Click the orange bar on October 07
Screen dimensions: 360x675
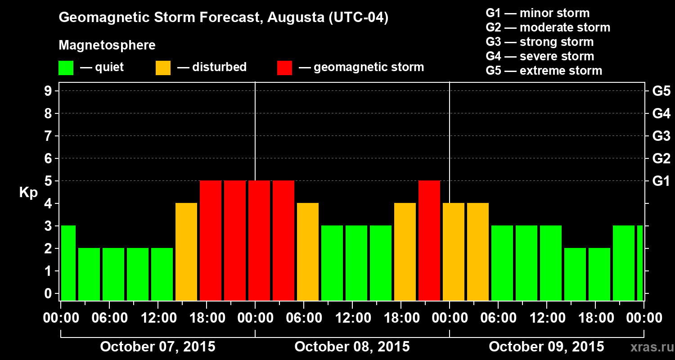[x=186, y=252]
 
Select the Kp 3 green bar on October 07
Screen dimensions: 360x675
[x=68, y=263]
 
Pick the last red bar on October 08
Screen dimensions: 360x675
[x=429, y=240]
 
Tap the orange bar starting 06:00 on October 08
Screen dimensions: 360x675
[x=308, y=252]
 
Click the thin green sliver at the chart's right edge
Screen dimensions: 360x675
[x=640, y=263]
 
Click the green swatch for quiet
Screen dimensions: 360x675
[x=66, y=68]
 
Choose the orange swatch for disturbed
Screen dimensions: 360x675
[x=163, y=68]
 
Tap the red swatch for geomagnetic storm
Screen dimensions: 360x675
[x=284, y=68]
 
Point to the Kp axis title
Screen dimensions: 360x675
[x=28, y=193]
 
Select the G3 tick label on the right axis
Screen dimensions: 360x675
[x=661, y=136]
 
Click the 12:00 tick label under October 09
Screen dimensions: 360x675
[x=547, y=318]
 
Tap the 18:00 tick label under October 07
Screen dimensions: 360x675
[x=207, y=318]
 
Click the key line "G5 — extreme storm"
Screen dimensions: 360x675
[x=544, y=71]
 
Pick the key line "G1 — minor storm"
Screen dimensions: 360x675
[x=537, y=13]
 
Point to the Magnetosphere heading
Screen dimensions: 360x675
[x=107, y=45]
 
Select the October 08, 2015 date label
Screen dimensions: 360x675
[x=352, y=347]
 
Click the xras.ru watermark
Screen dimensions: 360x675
[x=648, y=347]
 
